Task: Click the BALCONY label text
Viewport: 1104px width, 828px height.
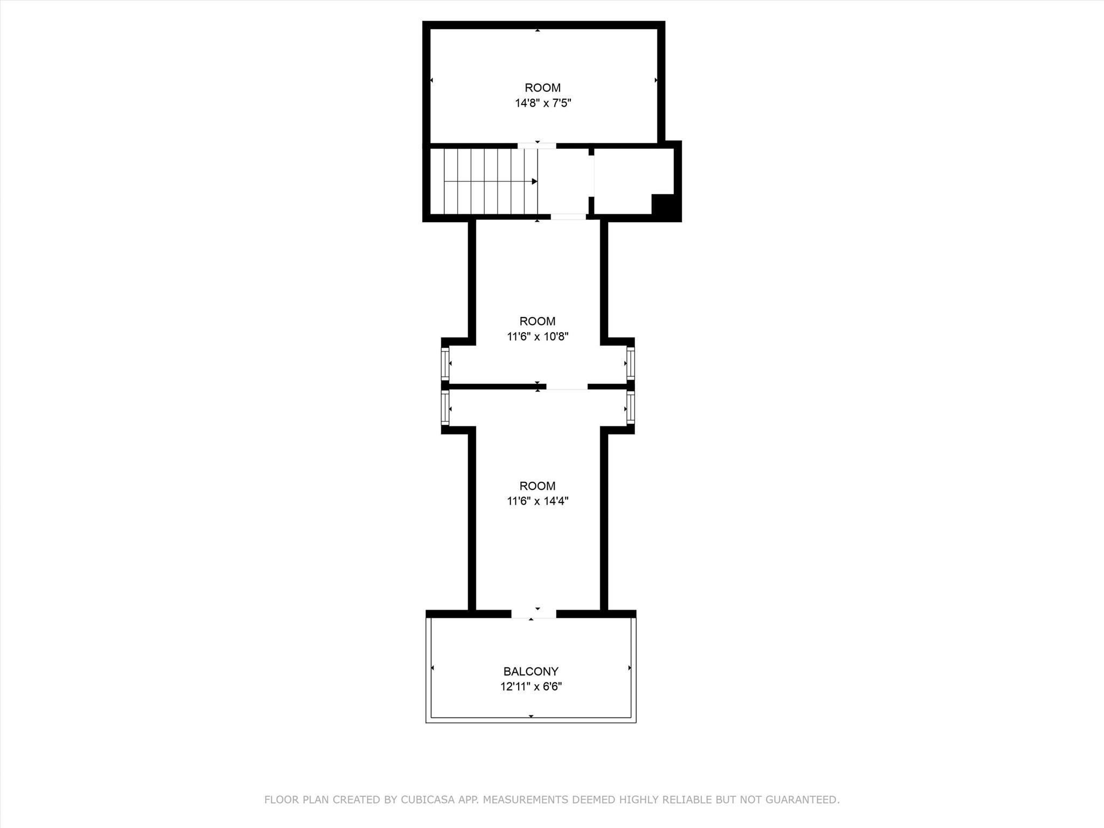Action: pos(530,671)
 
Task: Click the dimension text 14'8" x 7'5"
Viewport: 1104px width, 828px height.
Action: pos(542,103)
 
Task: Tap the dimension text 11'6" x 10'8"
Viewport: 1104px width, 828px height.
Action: pos(537,337)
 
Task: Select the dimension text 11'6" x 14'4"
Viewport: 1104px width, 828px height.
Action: pos(537,501)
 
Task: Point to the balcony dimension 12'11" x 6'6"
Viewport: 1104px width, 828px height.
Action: pos(530,687)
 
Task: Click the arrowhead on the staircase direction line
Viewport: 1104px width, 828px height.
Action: pos(534,182)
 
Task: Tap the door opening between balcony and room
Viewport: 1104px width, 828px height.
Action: pos(533,614)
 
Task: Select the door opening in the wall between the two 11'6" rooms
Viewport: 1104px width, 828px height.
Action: pos(567,387)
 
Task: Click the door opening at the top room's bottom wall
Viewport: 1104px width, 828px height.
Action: pos(537,146)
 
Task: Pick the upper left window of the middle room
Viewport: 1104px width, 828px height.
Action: pos(445,364)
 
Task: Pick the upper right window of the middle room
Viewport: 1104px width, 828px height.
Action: pos(630,364)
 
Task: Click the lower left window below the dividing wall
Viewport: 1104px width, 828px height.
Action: pos(445,408)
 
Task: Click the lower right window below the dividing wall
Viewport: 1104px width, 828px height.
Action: pos(630,408)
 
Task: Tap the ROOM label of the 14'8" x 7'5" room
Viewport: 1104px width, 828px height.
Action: pos(542,88)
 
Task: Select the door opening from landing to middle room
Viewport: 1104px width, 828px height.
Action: pos(568,217)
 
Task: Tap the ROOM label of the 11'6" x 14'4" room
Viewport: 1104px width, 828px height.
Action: pos(537,486)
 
